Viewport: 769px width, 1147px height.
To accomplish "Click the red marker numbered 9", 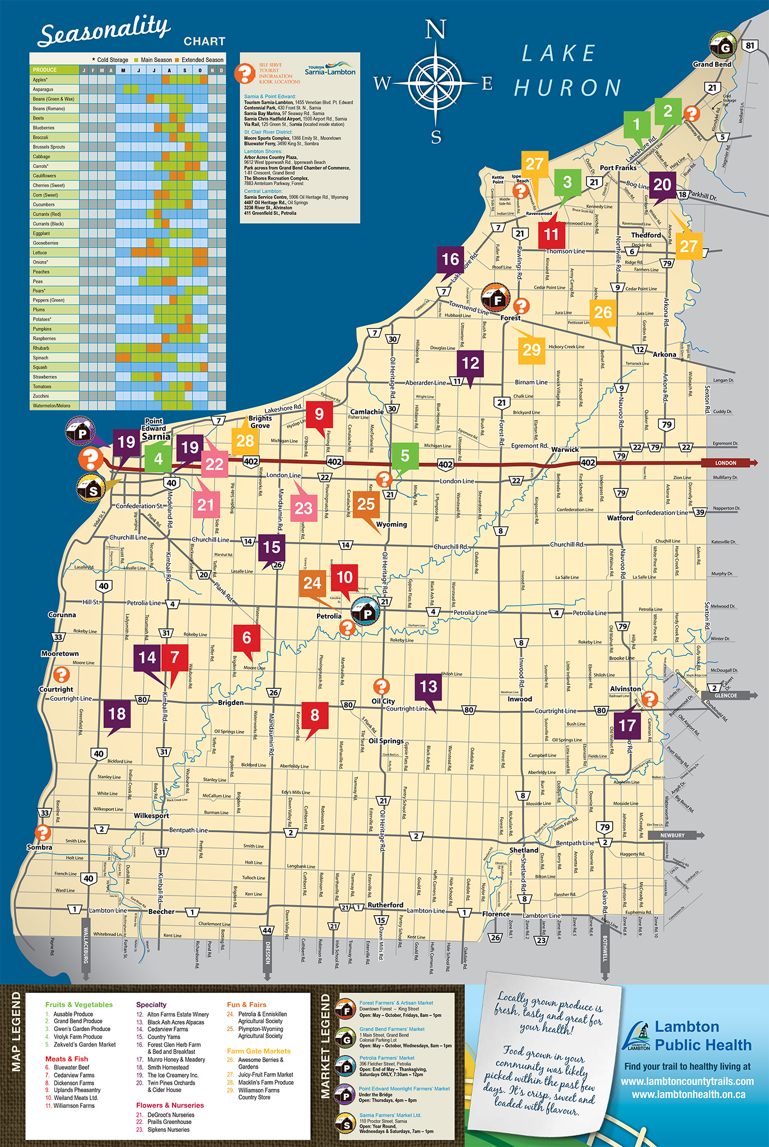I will click(x=319, y=414).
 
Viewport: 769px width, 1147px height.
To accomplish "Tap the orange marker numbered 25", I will click(x=366, y=505).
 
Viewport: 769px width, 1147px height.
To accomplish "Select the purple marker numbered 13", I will click(x=428, y=687).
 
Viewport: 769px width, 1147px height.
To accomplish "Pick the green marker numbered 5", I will click(x=405, y=456).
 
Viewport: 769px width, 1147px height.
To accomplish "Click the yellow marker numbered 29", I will click(x=531, y=351).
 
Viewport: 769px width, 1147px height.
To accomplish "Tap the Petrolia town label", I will click(x=329, y=616).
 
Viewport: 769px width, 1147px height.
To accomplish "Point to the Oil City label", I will click(x=383, y=701).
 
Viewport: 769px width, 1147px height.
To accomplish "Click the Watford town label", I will click(x=620, y=518).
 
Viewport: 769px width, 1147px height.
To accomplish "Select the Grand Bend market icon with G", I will click(x=723, y=46).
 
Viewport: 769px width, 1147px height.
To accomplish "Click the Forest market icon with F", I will click(x=496, y=297).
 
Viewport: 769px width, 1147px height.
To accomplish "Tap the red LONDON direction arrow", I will click(x=729, y=463).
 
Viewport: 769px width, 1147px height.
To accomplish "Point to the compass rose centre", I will click(x=435, y=83).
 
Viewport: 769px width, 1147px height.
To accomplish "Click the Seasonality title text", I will click(x=104, y=32).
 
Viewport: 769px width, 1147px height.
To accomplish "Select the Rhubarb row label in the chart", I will click(x=41, y=348).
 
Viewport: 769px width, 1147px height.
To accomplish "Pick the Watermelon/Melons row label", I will click(x=52, y=405).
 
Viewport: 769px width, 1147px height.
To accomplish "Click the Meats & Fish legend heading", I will click(x=67, y=1059).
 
